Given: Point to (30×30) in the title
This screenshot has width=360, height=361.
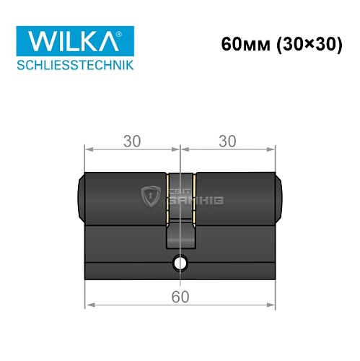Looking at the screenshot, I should click(x=306, y=45).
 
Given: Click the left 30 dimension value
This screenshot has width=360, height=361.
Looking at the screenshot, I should click(x=131, y=142).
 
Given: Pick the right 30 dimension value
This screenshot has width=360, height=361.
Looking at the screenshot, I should click(x=227, y=142).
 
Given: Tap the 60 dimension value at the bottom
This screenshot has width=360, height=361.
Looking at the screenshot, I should click(x=180, y=296).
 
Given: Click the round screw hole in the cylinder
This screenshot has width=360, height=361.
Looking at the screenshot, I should click(x=180, y=262).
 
